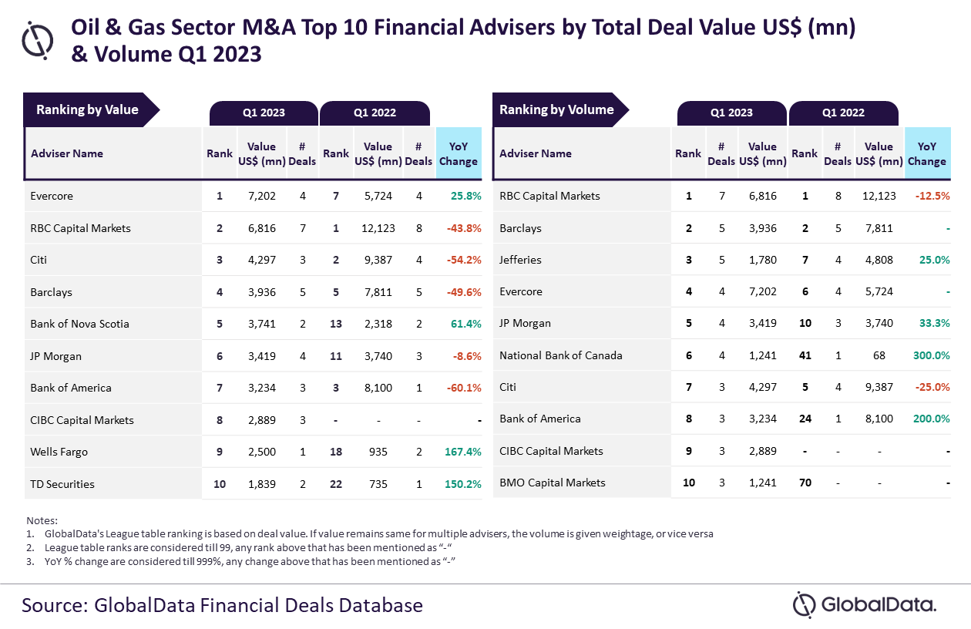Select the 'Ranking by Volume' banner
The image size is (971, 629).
(x=556, y=110)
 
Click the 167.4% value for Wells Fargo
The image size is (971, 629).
(x=462, y=452)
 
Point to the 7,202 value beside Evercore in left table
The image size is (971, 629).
(x=262, y=196)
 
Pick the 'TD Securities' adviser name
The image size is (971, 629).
(x=62, y=484)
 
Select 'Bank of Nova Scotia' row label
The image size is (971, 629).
(x=79, y=324)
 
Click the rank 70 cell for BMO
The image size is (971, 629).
(x=805, y=483)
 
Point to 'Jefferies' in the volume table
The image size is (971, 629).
(x=521, y=260)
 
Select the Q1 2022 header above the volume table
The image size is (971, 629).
(x=843, y=113)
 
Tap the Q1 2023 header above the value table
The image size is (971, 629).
(x=264, y=113)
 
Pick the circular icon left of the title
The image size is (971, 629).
(x=38, y=39)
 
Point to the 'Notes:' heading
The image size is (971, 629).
(x=42, y=520)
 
